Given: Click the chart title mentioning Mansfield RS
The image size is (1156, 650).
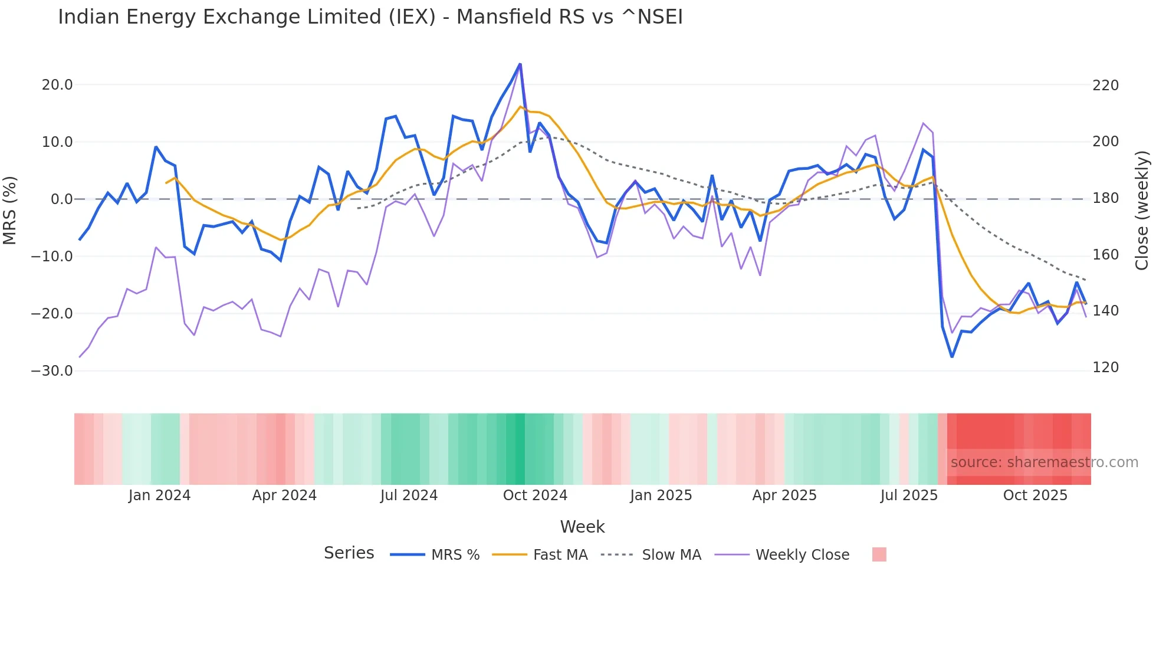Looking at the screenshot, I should pos(370,17).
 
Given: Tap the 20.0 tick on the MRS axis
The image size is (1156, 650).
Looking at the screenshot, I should pos(57,85).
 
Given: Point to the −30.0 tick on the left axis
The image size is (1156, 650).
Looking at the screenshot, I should pos(52,371).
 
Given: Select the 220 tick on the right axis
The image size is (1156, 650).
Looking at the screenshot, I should pos(1105,86).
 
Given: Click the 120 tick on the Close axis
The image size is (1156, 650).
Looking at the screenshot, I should pos(1105,367).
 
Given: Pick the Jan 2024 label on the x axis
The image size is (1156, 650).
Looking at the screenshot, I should pos(159,495).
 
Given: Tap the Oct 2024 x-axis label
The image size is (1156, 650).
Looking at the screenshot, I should pos(535,495).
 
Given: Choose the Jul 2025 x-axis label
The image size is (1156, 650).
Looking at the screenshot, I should pos(909,495).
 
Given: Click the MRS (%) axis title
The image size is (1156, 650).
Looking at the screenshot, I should pos(10,210).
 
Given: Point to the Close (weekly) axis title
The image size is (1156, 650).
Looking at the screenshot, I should pos(1142,210).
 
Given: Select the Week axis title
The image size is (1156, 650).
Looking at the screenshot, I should pos(582,527).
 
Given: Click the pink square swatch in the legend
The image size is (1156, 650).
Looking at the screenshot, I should pos(879,554).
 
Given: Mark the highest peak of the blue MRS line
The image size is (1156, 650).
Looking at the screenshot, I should pos(520,64).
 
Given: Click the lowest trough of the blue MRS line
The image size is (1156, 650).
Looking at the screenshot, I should pos(952,357).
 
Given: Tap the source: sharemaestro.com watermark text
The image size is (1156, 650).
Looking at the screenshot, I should pos(1044,462).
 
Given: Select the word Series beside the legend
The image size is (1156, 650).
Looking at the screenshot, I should pos(349,553).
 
